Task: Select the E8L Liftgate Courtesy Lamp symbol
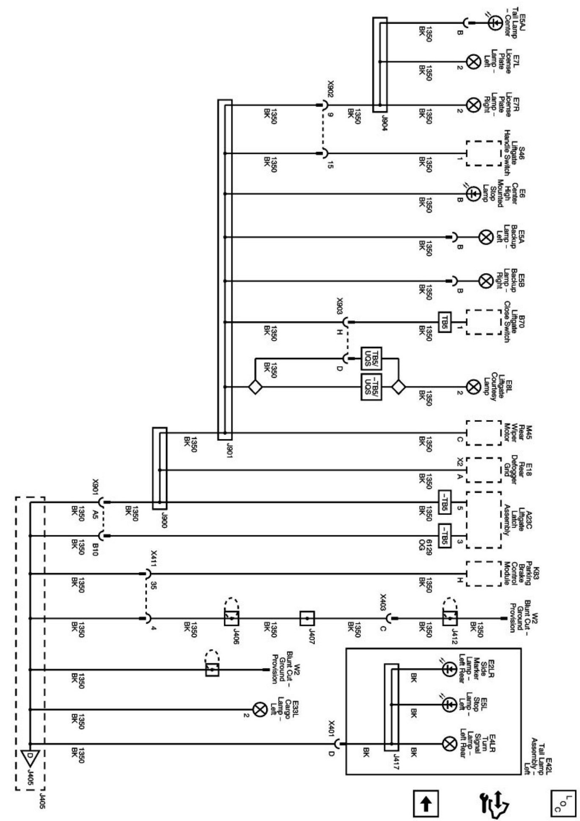[472, 386]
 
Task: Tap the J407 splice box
[307, 618]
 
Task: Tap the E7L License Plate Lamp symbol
[472, 62]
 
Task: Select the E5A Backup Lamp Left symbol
[485, 237]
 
